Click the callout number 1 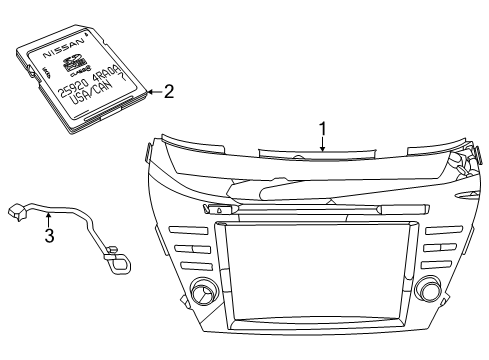323,129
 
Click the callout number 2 168,91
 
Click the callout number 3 47,237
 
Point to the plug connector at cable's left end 16,210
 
